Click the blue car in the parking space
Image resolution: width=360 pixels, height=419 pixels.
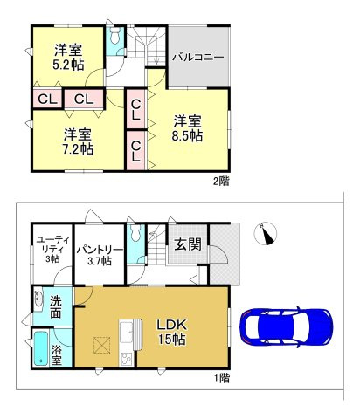point(286,327)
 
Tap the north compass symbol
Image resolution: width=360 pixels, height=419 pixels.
point(266,233)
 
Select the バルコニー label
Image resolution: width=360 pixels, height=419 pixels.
point(198,57)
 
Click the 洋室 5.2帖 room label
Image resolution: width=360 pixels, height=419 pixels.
point(68,57)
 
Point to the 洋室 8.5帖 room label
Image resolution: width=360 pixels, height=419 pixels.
point(187,128)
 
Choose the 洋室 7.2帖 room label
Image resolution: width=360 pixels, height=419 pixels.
point(78,141)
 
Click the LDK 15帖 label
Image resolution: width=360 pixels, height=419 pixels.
point(171,332)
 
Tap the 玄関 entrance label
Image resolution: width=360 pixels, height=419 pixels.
point(188,244)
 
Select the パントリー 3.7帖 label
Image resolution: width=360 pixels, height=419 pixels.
point(100,256)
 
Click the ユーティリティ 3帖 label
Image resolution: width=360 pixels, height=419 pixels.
point(52,250)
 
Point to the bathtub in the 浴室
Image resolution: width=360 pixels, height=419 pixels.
point(41,348)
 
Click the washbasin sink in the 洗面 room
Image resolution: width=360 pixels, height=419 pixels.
point(38,299)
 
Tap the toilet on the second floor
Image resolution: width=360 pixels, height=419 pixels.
point(115,36)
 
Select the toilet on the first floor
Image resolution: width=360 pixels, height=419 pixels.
point(135,233)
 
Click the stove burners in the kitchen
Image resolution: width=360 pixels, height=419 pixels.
point(127,359)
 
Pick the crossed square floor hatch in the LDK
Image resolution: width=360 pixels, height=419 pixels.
point(101,345)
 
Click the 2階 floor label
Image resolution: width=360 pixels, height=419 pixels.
point(221,181)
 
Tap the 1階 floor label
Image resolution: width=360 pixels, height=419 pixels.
point(221,378)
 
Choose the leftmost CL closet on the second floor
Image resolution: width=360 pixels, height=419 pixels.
point(47,100)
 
